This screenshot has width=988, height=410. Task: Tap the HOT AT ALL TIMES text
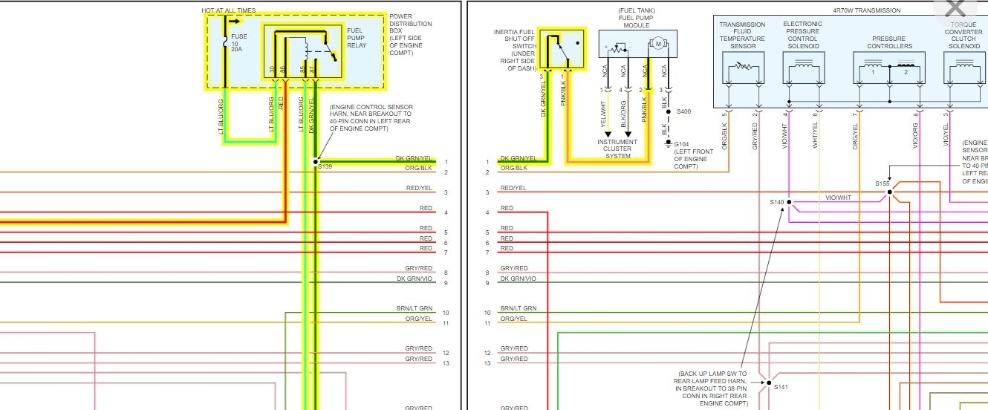pyautogui.click(x=230, y=10)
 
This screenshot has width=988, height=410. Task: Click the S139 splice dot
pyautogui.click(x=316, y=161)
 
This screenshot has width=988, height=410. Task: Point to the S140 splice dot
pyautogui.click(x=789, y=202)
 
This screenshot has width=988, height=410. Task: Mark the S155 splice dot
pyautogui.click(x=889, y=192)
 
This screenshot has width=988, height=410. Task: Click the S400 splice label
pyautogui.click(x=683, y=111)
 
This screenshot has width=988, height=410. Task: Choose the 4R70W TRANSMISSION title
pyautogui.click(x=866, y=10)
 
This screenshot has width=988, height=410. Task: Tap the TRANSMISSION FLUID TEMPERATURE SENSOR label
pyautogui.click(x=742, y=35)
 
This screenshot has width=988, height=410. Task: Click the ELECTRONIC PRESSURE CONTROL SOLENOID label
pyautogui.click(x=802, y=35)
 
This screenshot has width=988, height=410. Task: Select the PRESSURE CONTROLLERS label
pyautogui.click(x=889, y=42)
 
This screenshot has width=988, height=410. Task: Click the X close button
pyautogui.click(x=955, y=10)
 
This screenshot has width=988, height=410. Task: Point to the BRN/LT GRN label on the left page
pyautogui.click(x=415, y=307)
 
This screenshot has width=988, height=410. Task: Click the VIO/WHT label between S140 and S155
pyautogui.click(x=839, y=198)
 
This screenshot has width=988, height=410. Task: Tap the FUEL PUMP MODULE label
pyautogui.click(x=637, y=19)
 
